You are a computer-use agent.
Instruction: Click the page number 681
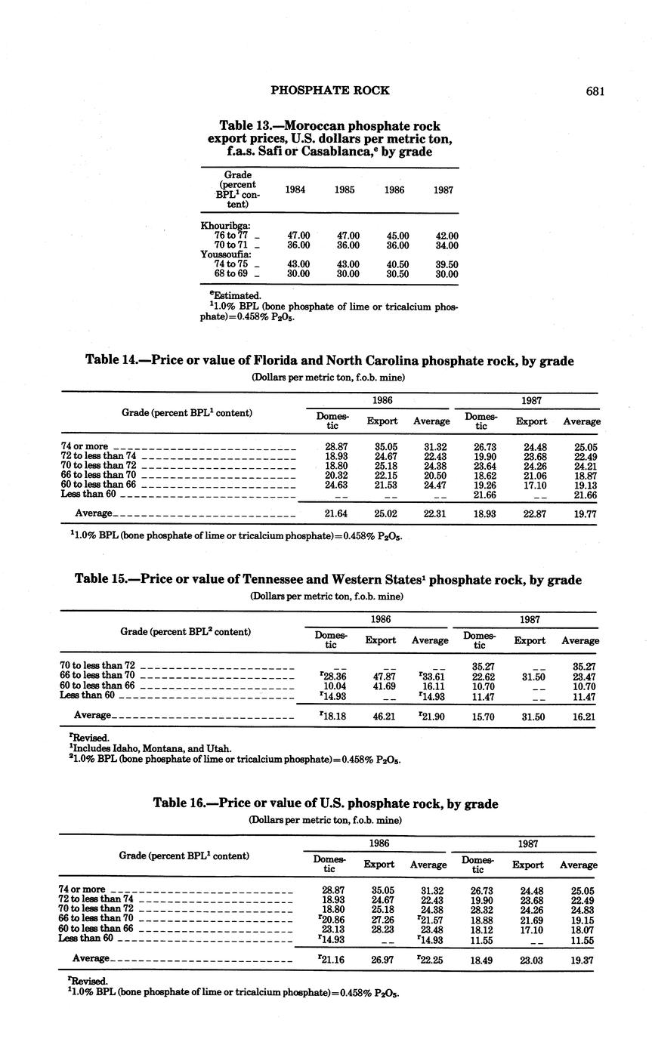tap(595, 91)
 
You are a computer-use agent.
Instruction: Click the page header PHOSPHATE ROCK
tap(330, 91)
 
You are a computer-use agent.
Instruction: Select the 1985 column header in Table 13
tap(345, 190)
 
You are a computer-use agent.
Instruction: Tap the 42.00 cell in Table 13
tap(447, 236)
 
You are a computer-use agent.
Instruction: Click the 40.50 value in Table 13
tap(396, 264)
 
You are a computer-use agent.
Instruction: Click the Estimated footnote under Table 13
tap(231, 295)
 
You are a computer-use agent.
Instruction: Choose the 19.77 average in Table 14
tap(581, 513)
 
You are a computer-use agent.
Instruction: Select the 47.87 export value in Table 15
tap(382, 676)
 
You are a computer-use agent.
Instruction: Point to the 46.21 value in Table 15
tap(382, 714)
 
